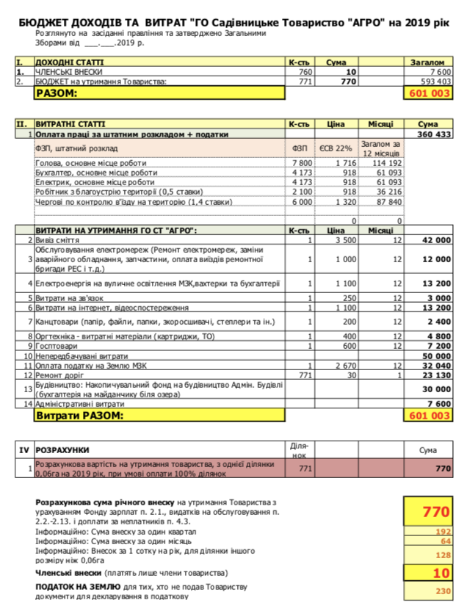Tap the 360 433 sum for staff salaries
pos(433,135)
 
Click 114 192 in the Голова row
pos(387,162)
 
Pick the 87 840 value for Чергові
pos(387,201)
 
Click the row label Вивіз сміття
pos(58,240)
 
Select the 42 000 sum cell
pos(435,240)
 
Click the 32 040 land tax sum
pos(435,365)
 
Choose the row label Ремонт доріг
pos(60,375)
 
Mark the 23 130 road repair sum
pos(435,375)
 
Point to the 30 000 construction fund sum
pos(435,389)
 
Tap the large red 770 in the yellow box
pos(435,511)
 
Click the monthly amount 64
pos(445,541)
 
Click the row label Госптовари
pos(57,345)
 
